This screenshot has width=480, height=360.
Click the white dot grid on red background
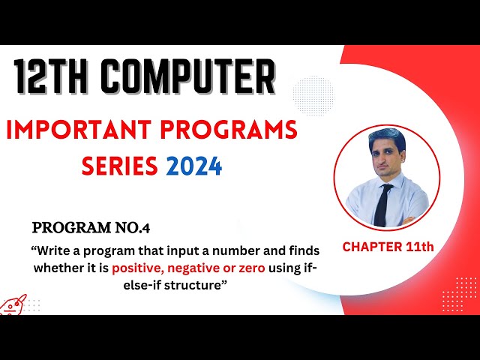(466, 293)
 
